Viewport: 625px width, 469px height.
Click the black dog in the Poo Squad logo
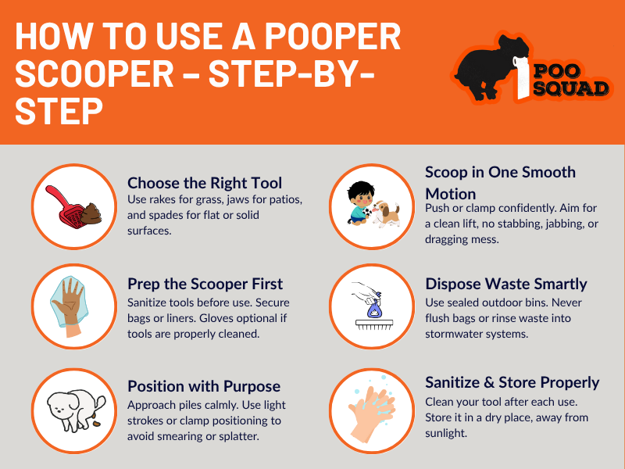488,68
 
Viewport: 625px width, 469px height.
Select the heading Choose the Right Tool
205,183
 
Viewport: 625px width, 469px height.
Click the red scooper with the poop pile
73,207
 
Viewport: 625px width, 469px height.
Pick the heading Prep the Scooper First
205,284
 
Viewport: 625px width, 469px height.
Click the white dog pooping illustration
76,411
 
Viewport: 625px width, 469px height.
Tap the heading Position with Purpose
204,386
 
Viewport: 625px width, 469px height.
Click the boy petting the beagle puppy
373,204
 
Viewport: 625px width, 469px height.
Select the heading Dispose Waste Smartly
505,284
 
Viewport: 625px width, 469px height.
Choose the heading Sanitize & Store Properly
512,382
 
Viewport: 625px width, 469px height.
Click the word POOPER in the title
333,36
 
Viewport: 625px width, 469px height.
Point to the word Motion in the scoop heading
451,194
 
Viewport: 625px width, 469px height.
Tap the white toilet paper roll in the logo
522,77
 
